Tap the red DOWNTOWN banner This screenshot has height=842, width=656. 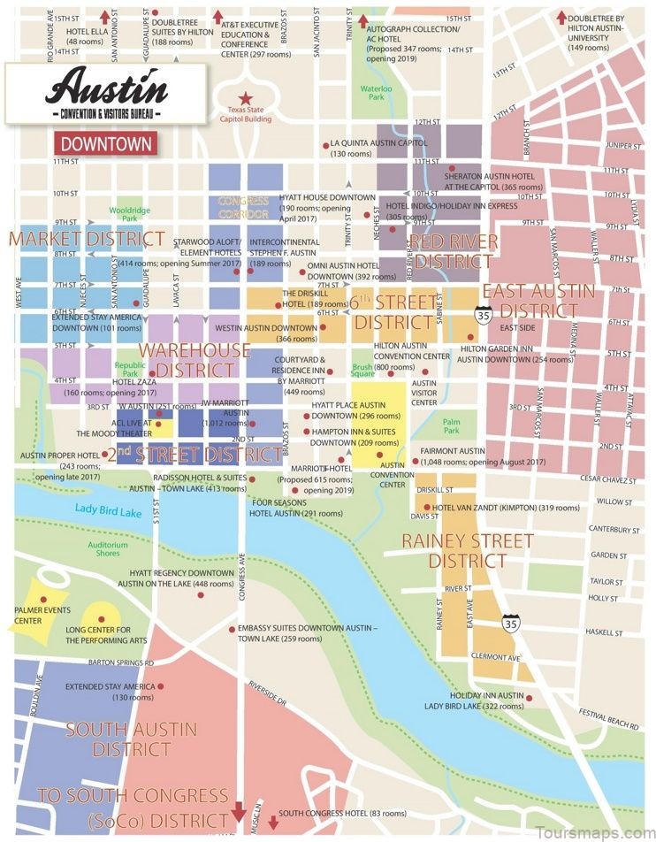105,143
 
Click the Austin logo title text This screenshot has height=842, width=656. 109,86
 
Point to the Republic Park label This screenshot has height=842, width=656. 129,368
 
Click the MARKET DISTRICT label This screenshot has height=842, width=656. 87,239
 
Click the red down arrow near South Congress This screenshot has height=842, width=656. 238,812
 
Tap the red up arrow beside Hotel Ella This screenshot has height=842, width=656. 105,16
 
